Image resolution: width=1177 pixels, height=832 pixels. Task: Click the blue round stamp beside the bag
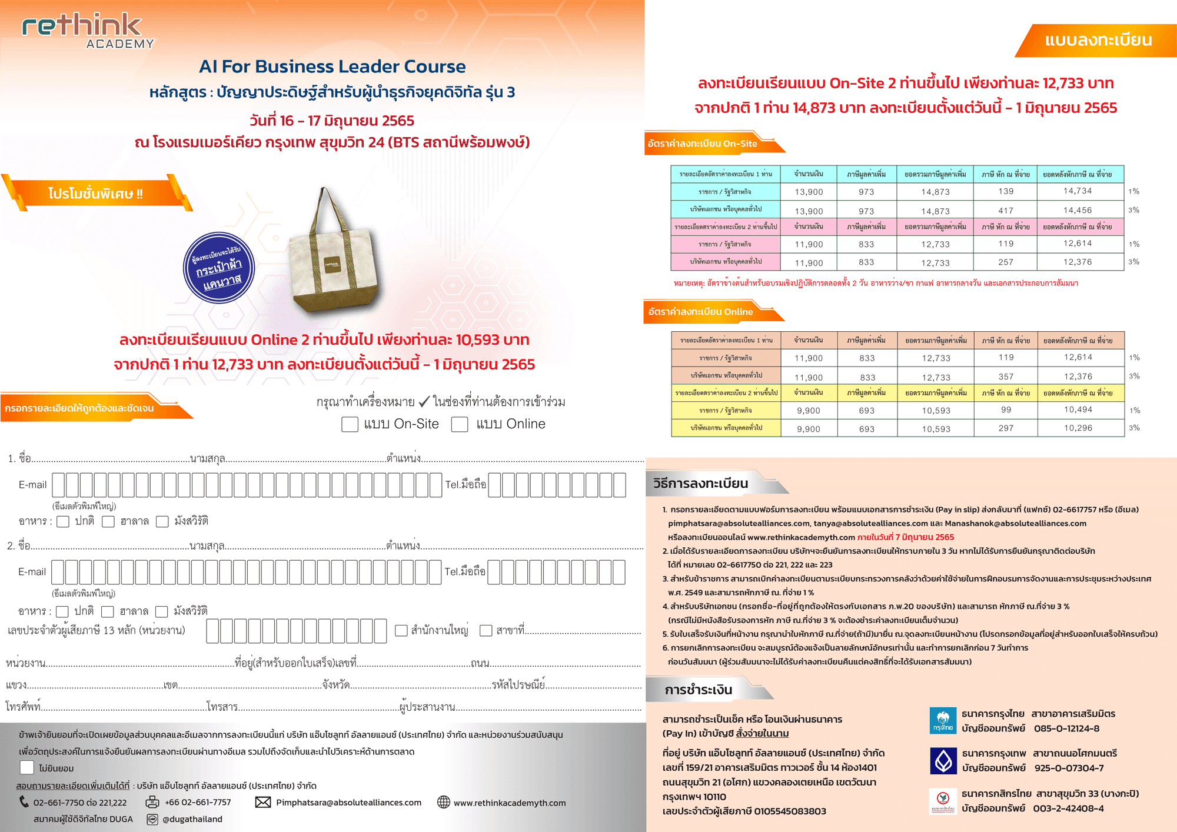pos(219,268)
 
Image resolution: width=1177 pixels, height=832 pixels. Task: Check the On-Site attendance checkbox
pos(350,424)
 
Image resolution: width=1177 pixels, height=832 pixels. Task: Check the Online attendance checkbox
pos(460,424)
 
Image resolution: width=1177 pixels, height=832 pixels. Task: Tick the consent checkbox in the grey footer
pos(26,767)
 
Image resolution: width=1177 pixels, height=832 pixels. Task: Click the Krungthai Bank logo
pos(943,721)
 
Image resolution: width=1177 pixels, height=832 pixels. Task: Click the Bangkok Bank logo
pos(943,760)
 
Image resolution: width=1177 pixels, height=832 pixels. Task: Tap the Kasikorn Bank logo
pos(943,800)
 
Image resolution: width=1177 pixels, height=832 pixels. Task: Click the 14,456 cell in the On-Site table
pos(1077,210)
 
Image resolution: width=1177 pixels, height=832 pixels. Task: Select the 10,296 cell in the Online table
pos(1078,428)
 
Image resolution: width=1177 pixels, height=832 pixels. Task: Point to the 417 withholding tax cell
pos(1006,210)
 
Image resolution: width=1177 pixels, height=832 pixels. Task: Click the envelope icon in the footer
pos(263,803)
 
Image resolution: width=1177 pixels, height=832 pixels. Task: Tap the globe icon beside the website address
pos(444,803)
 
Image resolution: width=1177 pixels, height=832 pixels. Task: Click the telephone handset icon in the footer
pos(24,802)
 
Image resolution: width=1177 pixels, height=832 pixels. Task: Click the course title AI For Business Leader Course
pos(332,66)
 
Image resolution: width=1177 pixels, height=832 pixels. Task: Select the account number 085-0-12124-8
pos(1066,728)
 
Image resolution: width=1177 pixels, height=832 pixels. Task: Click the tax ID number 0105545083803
pos(790,811)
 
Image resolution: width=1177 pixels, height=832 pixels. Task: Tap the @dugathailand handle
pos(192,819)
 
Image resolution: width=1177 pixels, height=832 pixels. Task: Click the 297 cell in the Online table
pos(1006,428)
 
